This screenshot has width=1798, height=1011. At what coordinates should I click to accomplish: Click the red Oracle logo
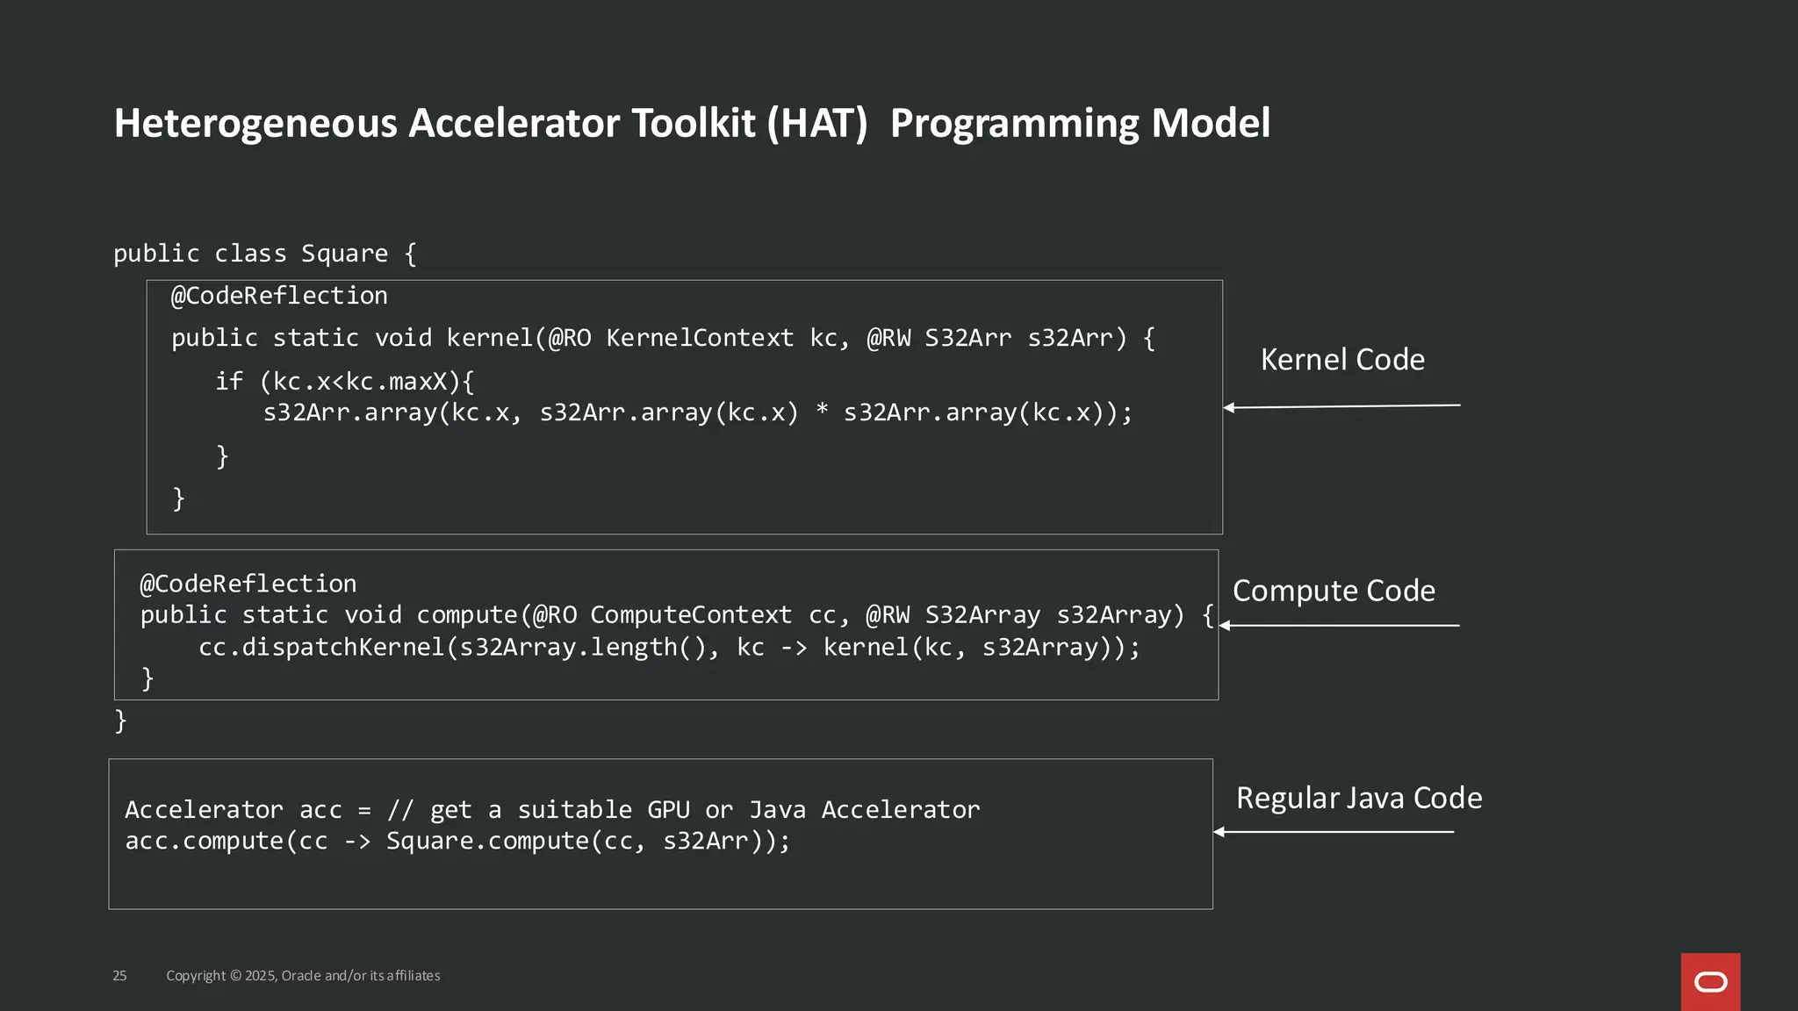point(1710,981)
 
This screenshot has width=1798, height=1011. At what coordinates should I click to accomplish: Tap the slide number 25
point(119,976)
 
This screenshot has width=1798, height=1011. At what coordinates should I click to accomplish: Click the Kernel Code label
point(1342,360)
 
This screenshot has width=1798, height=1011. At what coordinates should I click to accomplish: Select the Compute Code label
point(1334,591)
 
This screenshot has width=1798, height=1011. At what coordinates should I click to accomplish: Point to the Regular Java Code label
point(1359,798)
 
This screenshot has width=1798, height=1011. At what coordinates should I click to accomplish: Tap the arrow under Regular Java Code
point(1334,832)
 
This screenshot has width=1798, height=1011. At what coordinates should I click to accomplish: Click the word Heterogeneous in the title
point(255,124)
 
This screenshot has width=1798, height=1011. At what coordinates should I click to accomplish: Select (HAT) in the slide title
point(816,123)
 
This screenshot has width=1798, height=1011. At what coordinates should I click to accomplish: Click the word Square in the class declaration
point(344,254)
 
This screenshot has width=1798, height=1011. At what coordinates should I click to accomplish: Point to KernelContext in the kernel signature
point(699,338)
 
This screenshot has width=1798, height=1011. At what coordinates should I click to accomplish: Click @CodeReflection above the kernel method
point(279,296)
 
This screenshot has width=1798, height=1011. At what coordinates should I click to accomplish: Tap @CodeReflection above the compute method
point(248,584)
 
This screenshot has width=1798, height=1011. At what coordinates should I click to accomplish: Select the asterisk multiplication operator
point(822,411)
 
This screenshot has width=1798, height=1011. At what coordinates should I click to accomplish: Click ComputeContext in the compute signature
point(690,615)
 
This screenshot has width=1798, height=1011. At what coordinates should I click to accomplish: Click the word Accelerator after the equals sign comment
point(900,809)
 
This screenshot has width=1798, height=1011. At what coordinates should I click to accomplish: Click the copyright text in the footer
point(303,976)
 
